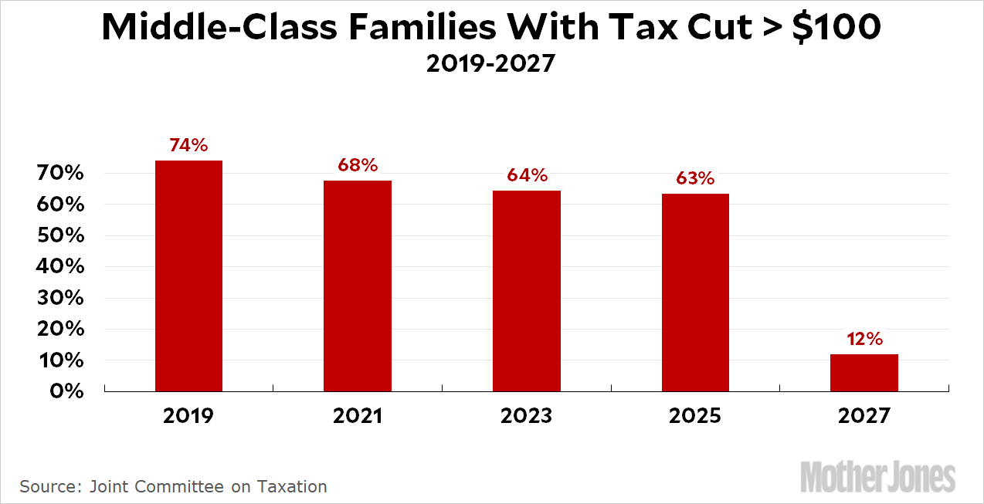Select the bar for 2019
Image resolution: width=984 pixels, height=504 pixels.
point(188,276)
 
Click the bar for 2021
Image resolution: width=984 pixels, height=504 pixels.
point(358,286)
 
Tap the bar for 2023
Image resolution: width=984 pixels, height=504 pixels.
point(527,291)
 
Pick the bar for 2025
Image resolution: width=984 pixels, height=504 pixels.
point(695,293)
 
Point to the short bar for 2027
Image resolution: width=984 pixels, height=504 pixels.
point(864,373)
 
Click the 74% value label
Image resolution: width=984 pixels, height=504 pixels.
point(188,145)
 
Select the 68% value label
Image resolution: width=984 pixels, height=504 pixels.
point(358,165)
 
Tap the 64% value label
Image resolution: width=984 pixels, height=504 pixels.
point(527,175)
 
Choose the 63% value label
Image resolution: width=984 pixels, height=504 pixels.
point(695,178)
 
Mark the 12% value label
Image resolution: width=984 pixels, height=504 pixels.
point(864,339)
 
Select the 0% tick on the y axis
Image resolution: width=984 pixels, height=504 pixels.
point(66,391)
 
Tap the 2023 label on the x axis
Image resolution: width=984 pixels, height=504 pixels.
point(527,416)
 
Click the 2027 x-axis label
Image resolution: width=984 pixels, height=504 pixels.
point(864,416)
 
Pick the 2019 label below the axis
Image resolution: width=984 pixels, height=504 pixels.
point(188,416)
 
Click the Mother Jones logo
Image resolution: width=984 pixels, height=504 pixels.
point(877,476)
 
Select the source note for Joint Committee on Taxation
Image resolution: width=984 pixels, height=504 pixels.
point(173,486)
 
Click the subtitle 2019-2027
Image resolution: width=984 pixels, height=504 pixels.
point(490,63)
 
